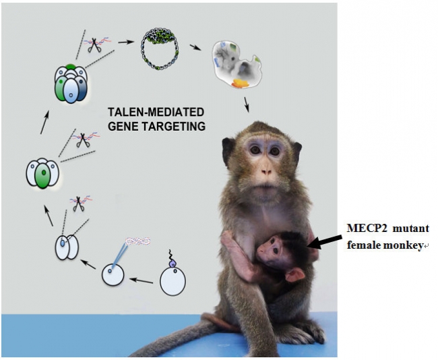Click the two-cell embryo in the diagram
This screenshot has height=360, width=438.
66,247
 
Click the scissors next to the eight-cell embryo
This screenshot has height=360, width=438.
91,44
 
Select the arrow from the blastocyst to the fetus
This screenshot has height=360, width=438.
195,48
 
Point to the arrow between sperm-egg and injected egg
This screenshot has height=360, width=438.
142,278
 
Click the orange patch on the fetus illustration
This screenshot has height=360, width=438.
239,84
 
